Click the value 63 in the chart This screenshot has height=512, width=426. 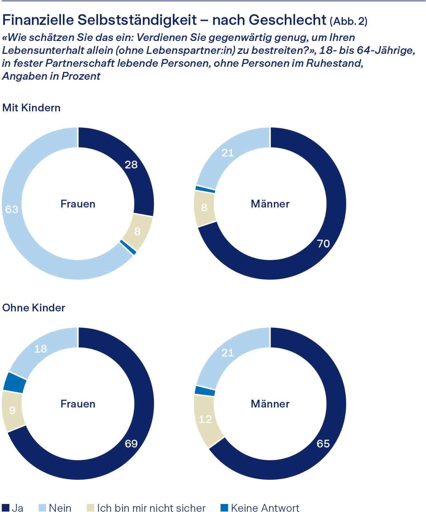pos(12,209)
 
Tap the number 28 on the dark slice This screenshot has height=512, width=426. pos(131,165)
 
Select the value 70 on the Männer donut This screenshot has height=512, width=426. pos(323,244)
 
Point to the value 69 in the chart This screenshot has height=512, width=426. pos(131,444)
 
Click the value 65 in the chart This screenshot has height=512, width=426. pos(323,444)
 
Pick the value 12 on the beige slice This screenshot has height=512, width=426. pos(205,419)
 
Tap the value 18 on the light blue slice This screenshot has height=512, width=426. pos(41,349)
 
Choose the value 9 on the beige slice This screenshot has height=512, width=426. pos(12,410)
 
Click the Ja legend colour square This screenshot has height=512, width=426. pos(5,507)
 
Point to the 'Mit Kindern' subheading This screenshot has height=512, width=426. pos(31,107)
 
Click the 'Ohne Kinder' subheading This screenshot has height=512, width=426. pos(34,307)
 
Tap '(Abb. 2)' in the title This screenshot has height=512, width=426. pos(349,21)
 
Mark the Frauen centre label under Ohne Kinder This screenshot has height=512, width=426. pos(78,404)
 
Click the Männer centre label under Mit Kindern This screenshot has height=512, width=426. pos(270,204)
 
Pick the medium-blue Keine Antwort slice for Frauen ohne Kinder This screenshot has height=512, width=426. pos(15,383)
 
